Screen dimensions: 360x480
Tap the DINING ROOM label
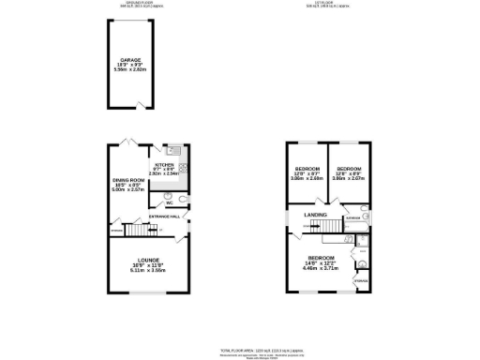[130, 179]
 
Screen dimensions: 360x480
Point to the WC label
[169, 202]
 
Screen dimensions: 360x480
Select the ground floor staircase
[139, 231]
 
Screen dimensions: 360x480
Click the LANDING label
[315, 215]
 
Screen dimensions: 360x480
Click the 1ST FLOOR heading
[333, 3]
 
